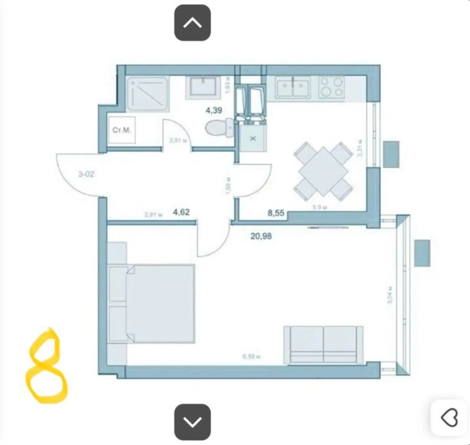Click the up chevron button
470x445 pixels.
tap(192, 23)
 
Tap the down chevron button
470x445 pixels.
tap(192, 422)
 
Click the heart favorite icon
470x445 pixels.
tap(449, 417)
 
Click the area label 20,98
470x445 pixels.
tap(261, 236)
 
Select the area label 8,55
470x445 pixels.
tap(276, 213)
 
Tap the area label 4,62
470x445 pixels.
tap(181, 212)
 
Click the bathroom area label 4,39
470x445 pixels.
tap(214, 110)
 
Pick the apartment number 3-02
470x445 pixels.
tap(86, 174)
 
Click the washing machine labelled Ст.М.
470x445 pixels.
tap(122, 130)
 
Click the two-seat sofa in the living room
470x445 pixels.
tap(323, 345)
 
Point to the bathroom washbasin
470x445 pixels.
tap(203, 86)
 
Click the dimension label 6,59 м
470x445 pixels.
tap(251, 357)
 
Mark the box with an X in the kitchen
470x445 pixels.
tap(253, 138)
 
